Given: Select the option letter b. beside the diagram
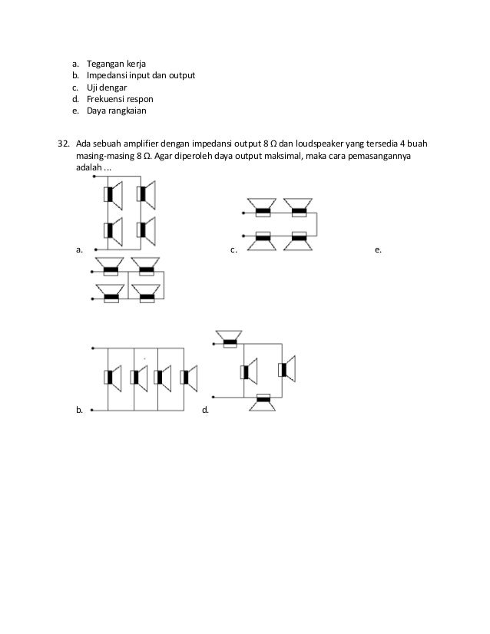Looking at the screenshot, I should [78, 411].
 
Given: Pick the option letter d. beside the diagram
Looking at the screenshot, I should [204, 411].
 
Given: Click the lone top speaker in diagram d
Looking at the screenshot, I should [229, 338].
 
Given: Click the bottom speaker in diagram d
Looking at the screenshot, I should [263, 401].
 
